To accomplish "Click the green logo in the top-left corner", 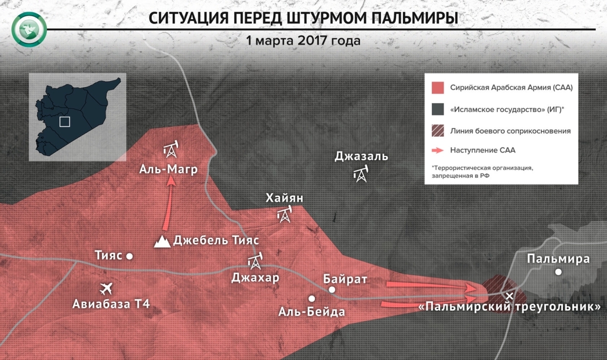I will pyautogui.click(x=29, y=29).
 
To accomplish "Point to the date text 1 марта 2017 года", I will pyautogui.click(x=303, y=41).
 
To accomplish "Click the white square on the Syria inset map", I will pyautogui.click(x=65, y=121).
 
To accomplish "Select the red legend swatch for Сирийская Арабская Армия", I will pyautogui.click(x=438, y=88).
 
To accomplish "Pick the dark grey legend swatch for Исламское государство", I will pyautogui.click(x=438, y=110).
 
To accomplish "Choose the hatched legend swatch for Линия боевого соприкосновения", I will pyautogui.click(x=438, y=131).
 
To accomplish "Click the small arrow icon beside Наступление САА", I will pyautogui.click(x=438, y=150).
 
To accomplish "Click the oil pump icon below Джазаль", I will pyautogui.click(x=361, y=174).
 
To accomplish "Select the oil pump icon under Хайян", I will pyautogui.click(x=284, y=214).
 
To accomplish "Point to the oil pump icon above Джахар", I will pyautogui.click(x=255, y=261).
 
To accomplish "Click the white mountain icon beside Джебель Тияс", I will pyautogui.click(x=162, y=241).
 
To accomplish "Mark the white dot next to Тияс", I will pyautogui.click(x=130, y=256).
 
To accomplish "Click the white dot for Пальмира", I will pyautogui.click(x=559, y=272).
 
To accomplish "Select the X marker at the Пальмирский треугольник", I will pyautogui.click(x=510, y=296).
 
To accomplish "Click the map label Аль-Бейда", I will pyautogui.click(x=312, y=312).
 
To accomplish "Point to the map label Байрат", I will pyautogui.click(x=345, y=279).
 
